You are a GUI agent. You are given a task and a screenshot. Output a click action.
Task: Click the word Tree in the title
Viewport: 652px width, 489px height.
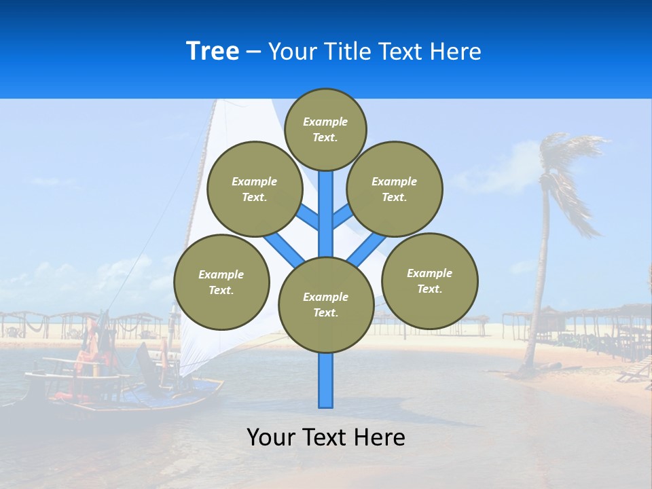213,52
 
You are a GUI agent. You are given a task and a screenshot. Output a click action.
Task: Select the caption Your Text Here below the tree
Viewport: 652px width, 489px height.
325,437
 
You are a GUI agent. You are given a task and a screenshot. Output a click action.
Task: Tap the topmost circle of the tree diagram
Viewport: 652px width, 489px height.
325,129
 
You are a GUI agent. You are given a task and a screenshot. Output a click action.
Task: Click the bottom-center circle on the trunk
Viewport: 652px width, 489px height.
325,305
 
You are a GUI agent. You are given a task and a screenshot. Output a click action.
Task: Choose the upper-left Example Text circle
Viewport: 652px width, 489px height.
254,189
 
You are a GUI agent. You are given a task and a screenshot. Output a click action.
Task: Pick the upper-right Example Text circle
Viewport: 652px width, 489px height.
394,189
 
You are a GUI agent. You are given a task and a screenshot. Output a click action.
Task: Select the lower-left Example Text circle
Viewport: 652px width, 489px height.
221,282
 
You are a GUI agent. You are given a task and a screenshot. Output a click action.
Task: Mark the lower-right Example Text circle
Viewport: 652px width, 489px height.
429,280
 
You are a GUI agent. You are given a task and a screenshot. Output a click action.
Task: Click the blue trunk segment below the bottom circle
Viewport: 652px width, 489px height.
325,380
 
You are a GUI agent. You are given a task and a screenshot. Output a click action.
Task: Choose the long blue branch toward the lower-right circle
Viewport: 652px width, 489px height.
367,248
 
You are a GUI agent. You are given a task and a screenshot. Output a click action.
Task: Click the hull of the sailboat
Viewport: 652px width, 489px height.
136,398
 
